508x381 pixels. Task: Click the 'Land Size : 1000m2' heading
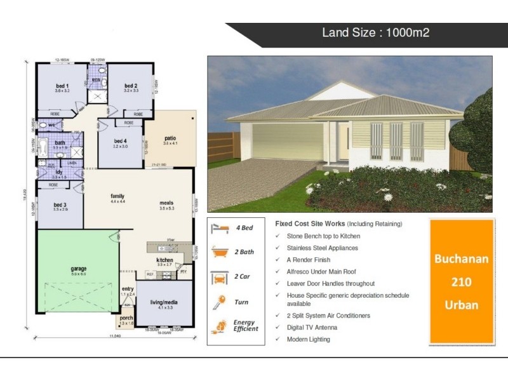coord(376,32)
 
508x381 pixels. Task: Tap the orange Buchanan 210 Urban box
coord(462,282)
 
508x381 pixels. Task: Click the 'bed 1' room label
coord(62,86)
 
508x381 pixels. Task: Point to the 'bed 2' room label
coord(130,86)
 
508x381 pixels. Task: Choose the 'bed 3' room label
coord(60,204)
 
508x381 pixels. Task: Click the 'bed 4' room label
coord(121,141)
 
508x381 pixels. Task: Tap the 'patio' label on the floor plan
coord(170,138)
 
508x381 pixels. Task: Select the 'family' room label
coord(117,196)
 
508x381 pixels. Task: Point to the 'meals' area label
coord(166,203)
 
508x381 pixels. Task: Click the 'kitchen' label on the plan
coord(164,260)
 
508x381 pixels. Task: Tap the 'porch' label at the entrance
coord(126,318)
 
